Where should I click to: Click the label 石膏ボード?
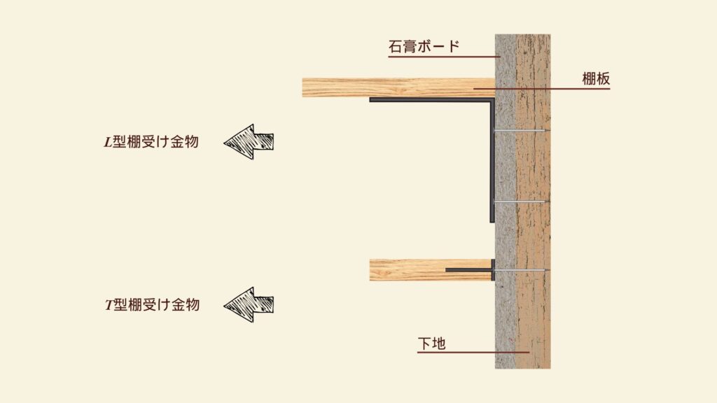(424, 47)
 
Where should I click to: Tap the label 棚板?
(596, 79)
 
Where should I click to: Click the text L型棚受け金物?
(151, 142)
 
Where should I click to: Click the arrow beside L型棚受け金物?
(249, 141)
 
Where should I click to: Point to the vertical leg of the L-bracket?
(492, 161)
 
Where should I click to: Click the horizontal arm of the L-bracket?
(431, 100)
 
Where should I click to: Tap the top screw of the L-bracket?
(522, 131)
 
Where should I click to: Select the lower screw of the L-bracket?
(522, 201)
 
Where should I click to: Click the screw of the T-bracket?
(522, 270)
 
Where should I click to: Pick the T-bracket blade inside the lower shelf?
(468, 269)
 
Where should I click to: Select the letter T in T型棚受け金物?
(107, 305)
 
